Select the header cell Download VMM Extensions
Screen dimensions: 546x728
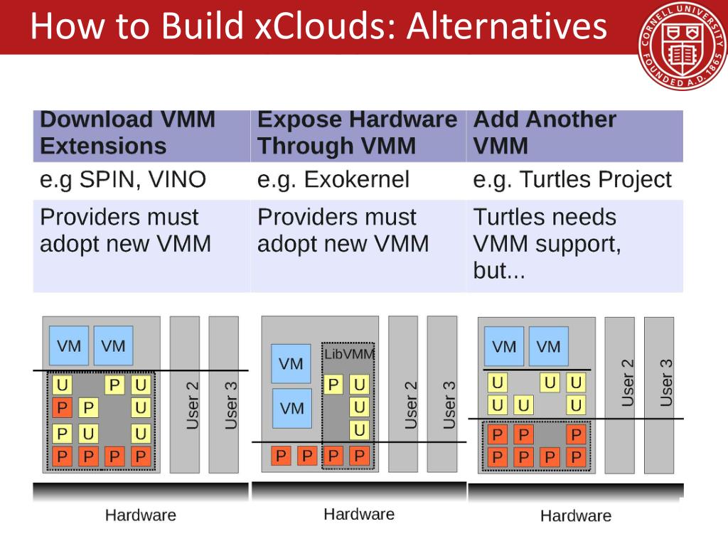click(141, 133)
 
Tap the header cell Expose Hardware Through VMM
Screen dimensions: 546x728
click(358, 133)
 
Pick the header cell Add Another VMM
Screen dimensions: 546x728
click(574, 133)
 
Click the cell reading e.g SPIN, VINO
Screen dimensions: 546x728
click(141, 180)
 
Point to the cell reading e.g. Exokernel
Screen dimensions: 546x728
click(358, 180)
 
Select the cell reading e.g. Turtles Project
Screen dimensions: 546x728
click(574, 180)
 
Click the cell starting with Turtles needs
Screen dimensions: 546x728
click(574, 244)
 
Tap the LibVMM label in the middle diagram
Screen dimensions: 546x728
click(348, 353)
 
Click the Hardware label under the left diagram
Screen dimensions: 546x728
click(140, 515)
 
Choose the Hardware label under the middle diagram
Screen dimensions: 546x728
click(358, 514)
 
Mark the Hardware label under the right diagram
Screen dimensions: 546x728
click(575, 515)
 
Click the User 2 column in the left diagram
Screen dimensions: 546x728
click(185, 395)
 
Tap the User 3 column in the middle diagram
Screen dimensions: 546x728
click(441, 395)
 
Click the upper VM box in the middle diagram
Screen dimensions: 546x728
click(291, 364)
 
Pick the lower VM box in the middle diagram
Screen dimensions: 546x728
click(291, 408)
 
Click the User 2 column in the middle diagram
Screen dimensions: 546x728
click(403, 395)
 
